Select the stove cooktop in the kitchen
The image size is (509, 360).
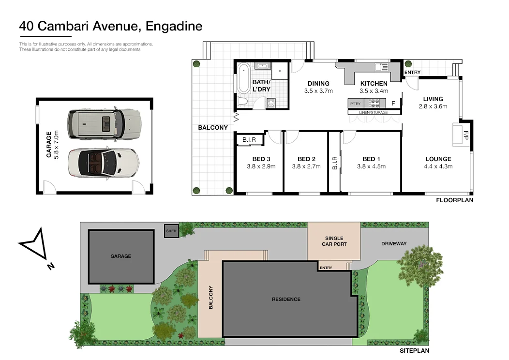(x=374, y=103)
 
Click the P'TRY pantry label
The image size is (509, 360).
(x=355, y=103)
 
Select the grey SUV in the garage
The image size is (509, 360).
(x=104, y=123)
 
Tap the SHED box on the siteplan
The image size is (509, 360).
(x=171, y=231)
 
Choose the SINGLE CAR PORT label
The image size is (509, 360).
(x=334, y=241)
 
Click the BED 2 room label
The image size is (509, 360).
(x=306, y=159)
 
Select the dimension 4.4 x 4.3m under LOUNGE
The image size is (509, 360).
(x=438, y=166)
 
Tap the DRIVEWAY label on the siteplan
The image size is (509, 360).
(x=394, y=243)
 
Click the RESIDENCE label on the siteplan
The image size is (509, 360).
(x=286, y=299)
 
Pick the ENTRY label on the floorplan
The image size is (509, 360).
(x=412, y=73)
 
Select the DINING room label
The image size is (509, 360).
(x=318, y=83)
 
